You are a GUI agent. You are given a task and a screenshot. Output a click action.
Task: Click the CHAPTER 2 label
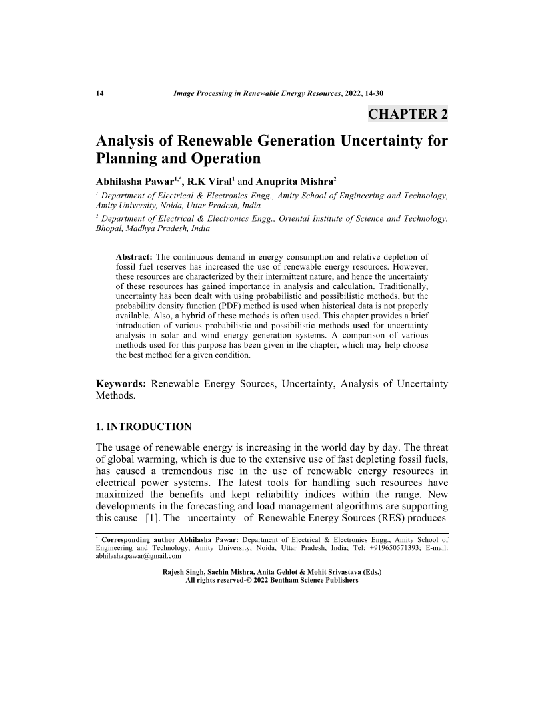[408, 113]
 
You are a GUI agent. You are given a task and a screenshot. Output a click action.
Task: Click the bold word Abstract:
[135, 257]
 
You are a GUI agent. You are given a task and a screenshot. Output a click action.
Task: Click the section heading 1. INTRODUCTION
[144, 426]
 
